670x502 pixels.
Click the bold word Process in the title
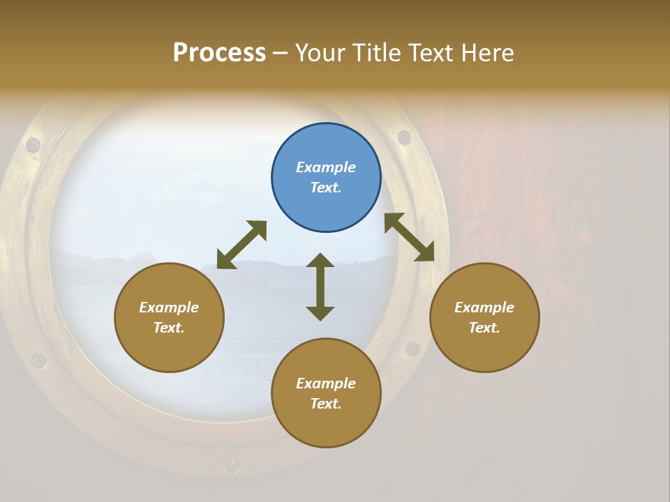point(219,53)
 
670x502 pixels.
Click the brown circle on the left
point(169,317)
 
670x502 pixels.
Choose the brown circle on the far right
point(484,317)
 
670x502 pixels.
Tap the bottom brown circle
point(326,393)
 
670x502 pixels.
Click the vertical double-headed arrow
point(320,287)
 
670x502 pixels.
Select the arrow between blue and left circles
point(241,245)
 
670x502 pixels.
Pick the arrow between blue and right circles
point(409,237)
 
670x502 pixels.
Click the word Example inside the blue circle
point(326,167)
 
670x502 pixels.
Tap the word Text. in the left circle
point(169,328)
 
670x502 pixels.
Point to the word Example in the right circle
point(484,307)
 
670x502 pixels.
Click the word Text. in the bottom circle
point(326,404)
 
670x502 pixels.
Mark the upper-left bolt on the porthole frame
point(33,145)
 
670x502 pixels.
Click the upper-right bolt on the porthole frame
point(404,137)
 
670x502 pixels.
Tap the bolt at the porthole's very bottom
point(232,465)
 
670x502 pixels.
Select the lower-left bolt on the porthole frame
point(38,361)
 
